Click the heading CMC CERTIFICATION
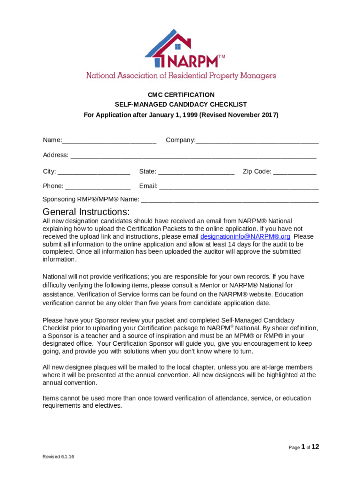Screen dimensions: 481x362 click(181, 94)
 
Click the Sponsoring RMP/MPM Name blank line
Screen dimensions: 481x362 click(230, 200)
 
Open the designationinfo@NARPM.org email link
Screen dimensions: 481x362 click(245, 237)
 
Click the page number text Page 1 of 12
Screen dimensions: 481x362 click(304, 447)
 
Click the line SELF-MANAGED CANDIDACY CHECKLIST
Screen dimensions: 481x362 click(181, 104)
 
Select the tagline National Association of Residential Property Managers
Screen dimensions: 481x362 click(181, 76)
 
